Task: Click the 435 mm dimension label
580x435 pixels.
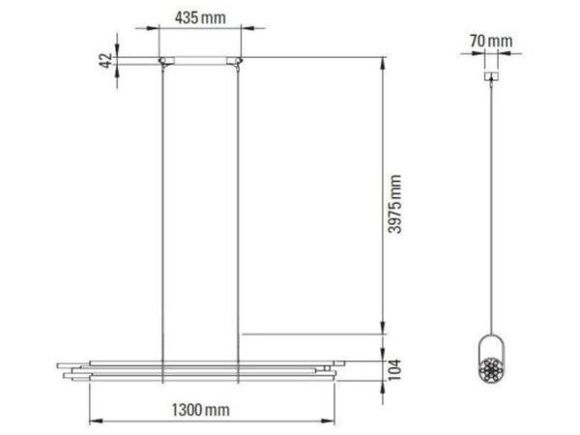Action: (200, 17)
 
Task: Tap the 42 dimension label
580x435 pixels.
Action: (105, 61)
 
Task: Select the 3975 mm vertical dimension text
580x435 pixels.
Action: (394, 204)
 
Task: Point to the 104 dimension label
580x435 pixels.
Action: (394, 369)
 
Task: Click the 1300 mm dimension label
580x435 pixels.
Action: (200, 410)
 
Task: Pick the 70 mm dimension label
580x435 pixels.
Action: (491, 41)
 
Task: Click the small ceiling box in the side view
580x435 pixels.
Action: (491, 76)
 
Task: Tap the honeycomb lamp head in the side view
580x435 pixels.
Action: (491, 369)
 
